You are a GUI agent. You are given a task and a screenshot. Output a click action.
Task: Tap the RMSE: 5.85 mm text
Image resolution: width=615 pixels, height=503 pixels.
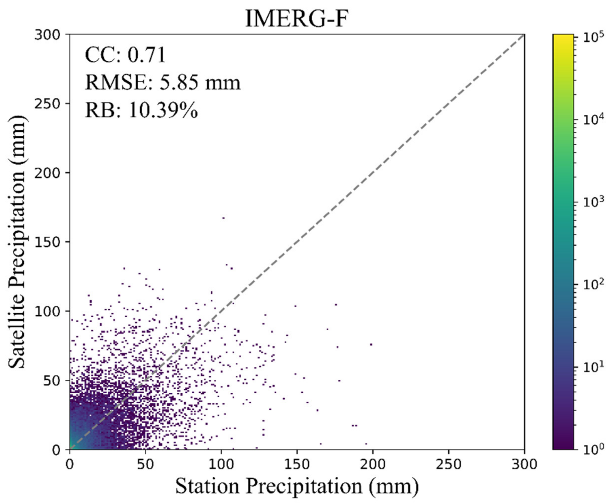[x=163, y=83]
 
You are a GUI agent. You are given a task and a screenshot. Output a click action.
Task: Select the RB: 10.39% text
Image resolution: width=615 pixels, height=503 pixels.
[x=141, y=110]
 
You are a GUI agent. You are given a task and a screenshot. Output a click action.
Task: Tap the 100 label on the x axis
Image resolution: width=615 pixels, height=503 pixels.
[x=221, y=464]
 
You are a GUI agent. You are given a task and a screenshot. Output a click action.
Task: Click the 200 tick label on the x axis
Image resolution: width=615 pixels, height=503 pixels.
[x=372, y=464]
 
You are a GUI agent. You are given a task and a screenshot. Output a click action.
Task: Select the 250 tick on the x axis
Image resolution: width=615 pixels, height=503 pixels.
[x=449, y=464]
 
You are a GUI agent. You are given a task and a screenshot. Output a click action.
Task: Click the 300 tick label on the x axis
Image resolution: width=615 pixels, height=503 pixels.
[x=524, y=464]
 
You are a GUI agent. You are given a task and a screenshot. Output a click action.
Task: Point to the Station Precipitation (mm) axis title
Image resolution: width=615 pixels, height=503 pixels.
[x=297, y=486]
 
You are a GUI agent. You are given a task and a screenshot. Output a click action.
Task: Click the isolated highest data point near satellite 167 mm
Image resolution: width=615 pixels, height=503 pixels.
[x=223, y=218]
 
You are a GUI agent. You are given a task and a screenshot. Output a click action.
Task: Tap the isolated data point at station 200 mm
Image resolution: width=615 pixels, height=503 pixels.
[x=371, y=344]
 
